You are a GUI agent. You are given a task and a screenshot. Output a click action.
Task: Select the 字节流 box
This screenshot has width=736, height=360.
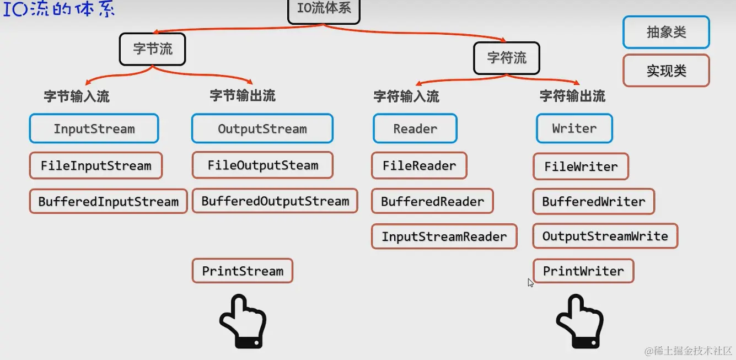coord(152,50)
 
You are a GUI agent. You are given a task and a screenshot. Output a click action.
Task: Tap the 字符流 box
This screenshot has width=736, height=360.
coord(506,58)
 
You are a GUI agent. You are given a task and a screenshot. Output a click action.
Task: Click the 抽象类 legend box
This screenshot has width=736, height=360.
coord(666,33)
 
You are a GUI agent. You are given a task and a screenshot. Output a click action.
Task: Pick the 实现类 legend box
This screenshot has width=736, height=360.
coord(666,71)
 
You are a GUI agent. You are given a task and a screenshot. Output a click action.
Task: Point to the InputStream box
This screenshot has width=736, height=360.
coord(94,129)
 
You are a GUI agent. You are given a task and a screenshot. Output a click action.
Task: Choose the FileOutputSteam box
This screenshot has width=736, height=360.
coord(262,165)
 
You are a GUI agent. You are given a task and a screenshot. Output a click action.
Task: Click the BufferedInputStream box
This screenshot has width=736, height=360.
coord(108,201)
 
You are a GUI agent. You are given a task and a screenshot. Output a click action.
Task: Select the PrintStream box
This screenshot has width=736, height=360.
coord(243,271)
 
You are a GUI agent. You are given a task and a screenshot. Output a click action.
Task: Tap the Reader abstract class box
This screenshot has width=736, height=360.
coord(415,128)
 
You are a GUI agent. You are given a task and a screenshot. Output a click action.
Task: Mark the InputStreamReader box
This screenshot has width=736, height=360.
coord(444,237)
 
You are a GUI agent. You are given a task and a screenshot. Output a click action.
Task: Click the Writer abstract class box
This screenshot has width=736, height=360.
coord(574,128)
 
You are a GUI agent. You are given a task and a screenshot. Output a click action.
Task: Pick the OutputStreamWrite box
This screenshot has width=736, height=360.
coord(605,237)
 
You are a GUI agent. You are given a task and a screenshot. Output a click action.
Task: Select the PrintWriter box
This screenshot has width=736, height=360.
coord(583,271)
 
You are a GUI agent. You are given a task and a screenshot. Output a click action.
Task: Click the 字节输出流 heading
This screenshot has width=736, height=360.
coord(243,96)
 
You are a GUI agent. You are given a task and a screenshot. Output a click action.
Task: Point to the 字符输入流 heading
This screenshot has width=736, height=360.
coord(406,96)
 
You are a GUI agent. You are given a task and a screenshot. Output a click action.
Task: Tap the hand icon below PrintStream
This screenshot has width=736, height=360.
coord(243,321)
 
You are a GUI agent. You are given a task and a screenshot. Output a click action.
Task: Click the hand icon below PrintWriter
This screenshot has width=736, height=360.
coord(580,321)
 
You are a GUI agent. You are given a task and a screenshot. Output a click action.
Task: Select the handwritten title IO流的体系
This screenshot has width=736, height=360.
coord(59,10)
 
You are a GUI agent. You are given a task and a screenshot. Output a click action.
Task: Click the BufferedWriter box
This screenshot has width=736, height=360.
coord(593,202)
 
